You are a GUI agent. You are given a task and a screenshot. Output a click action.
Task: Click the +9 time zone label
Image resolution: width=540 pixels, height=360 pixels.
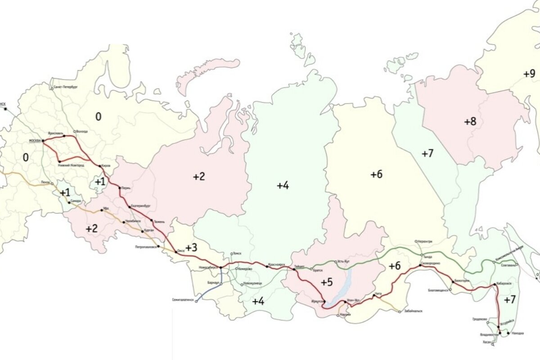click(529, 73)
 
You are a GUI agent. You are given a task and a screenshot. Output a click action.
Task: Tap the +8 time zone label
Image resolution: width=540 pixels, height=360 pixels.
click(470, 121)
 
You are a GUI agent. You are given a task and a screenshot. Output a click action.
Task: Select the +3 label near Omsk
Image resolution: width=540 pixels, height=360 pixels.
click(191, 247)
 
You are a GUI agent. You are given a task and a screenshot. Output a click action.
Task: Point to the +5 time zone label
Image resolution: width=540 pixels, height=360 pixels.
click(327, 282)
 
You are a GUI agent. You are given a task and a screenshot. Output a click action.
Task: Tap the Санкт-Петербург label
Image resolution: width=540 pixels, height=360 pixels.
click(66, 85)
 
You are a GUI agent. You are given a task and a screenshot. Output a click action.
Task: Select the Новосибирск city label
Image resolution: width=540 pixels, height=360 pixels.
click(208, 267)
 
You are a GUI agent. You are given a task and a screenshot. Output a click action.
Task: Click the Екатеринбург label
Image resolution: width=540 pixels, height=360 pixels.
click(140, 206)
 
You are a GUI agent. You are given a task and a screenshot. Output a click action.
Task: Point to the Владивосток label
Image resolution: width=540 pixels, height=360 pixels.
click(489, 335)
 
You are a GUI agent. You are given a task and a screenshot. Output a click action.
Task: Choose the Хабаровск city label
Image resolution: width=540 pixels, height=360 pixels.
click(505, 284)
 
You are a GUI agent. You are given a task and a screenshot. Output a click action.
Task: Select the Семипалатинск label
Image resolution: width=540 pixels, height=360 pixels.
click(183, 299)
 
